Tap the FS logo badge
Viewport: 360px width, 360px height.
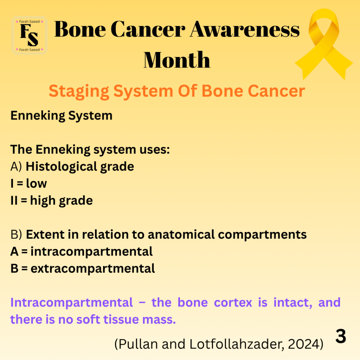[x=30, y=36]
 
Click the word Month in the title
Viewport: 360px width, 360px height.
[x=177, y=60]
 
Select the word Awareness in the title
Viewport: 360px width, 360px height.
[x=245, y=29]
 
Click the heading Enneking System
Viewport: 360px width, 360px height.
[x=62, y=115]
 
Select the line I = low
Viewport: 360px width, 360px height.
[x=29, y=184]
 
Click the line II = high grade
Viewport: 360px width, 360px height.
[x=52, y=201]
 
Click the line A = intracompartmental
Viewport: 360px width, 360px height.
[x=82, y=251]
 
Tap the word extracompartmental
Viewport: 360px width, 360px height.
[x=93, y=268]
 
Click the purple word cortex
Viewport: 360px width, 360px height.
[x=233, y=302]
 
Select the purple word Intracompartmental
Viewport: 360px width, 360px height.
[x=72, y=303]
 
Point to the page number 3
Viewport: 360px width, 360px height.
[x=341, y=336]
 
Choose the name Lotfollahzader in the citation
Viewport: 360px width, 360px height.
[x=237, y=344]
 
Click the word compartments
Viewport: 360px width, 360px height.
[x=262, y=235]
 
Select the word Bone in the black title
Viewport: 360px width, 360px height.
[x=80, y=29]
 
